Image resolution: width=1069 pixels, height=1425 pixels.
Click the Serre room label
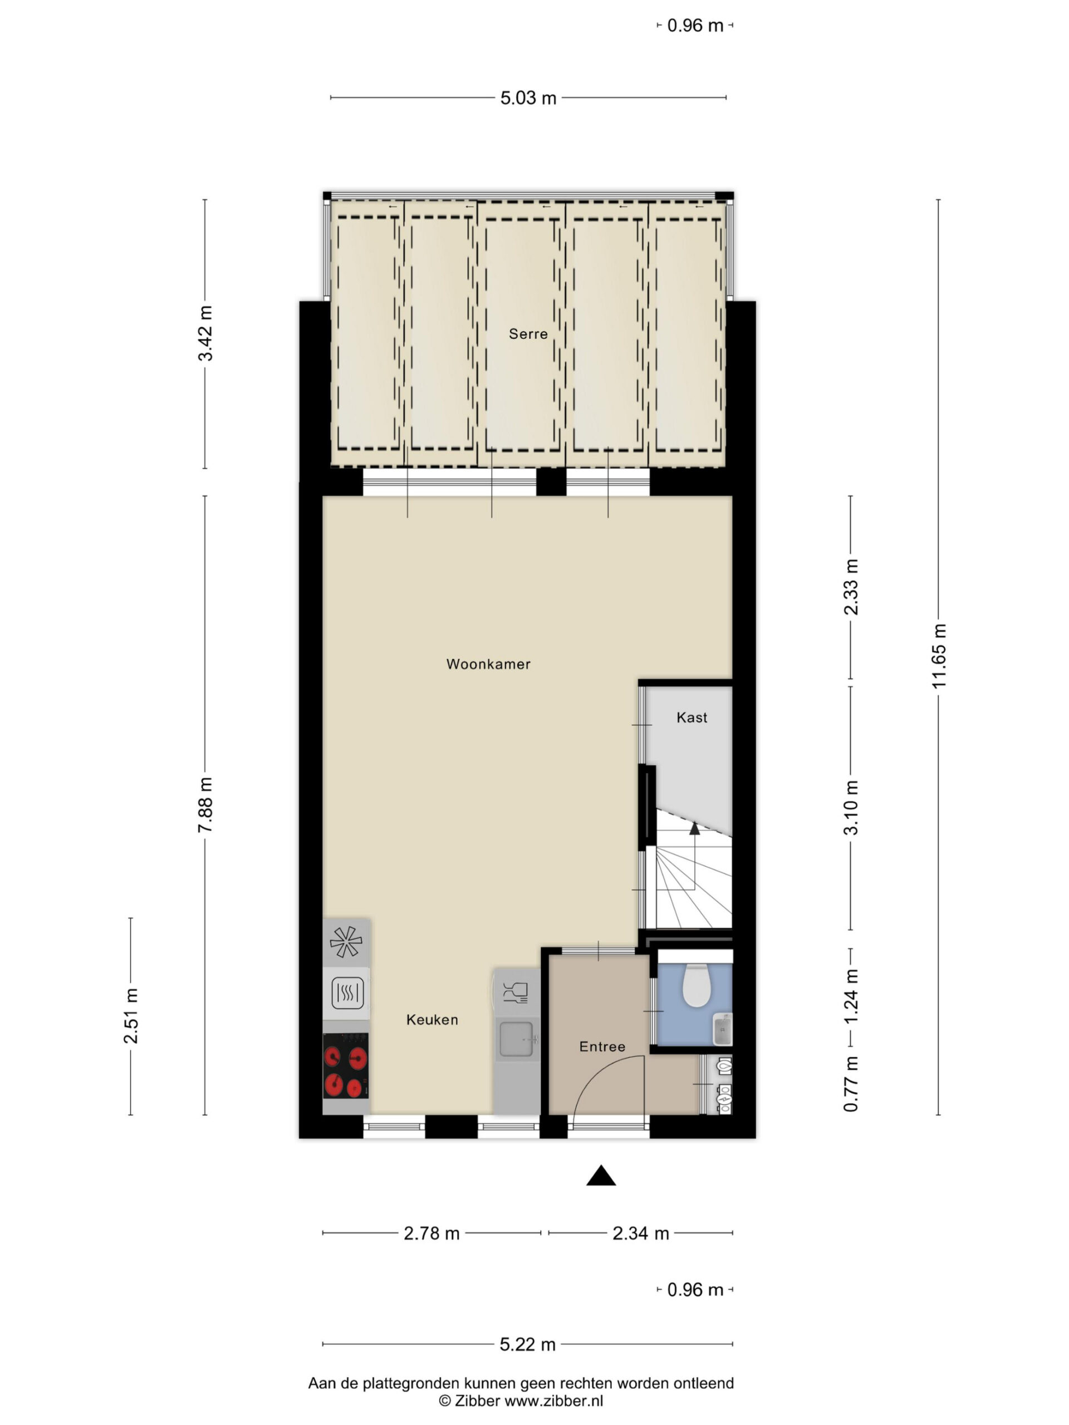tap(528, 333)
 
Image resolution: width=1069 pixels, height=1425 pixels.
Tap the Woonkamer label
tap(488, 664)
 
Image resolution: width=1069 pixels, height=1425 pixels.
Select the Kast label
tap(692, 718)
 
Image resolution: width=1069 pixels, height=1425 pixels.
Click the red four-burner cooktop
tap(345, 1065)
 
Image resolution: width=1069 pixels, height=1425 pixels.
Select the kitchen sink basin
tap(517, 1039)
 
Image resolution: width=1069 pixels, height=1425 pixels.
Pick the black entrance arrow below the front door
tap(601, 1176)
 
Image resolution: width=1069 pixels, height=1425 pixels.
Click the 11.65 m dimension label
tap(938, 656)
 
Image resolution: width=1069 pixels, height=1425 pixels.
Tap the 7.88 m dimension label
tap(205, 805)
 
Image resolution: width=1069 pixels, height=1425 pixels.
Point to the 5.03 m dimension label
tap(528, 98)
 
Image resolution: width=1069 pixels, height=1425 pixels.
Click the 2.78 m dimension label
tap(431, 1233)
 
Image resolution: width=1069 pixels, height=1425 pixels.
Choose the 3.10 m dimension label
tap(851, 808)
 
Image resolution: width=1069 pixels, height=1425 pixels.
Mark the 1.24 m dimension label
tap(851, 995)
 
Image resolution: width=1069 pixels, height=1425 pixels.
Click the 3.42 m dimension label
tap(205, 333)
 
